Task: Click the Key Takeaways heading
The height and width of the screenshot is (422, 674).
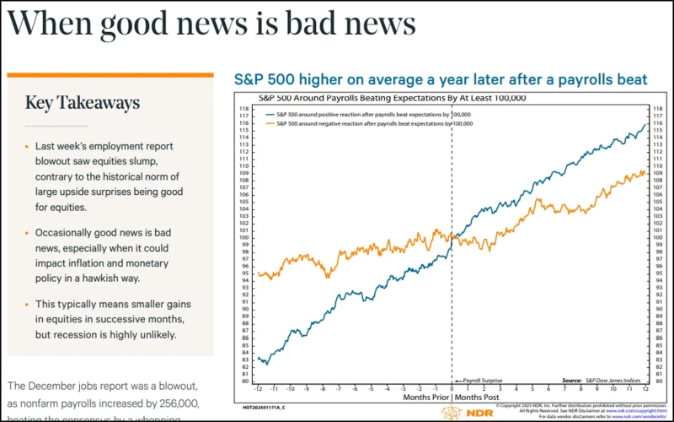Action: click(82, 103)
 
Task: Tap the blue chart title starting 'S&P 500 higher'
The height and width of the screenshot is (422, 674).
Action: click(440, 80)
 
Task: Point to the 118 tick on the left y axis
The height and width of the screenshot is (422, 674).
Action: click(243, 109)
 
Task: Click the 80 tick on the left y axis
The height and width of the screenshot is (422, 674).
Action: click(243, 381)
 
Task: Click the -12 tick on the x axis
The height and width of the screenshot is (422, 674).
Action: click(260, 389)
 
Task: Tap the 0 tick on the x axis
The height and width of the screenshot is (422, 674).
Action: click(452, 389)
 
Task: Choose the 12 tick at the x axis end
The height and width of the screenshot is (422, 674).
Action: click(645, 389)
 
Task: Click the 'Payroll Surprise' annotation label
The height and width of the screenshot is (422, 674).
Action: click(481, 381)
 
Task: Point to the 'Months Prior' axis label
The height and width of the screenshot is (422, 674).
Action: click(425, 398)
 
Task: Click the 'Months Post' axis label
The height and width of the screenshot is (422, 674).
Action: click(479, 398)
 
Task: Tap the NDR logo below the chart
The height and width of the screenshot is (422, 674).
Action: click(460, 413)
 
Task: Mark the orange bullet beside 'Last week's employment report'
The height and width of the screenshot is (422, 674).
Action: click(27, 146)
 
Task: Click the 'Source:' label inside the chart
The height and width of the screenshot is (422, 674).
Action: click(573, 381)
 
